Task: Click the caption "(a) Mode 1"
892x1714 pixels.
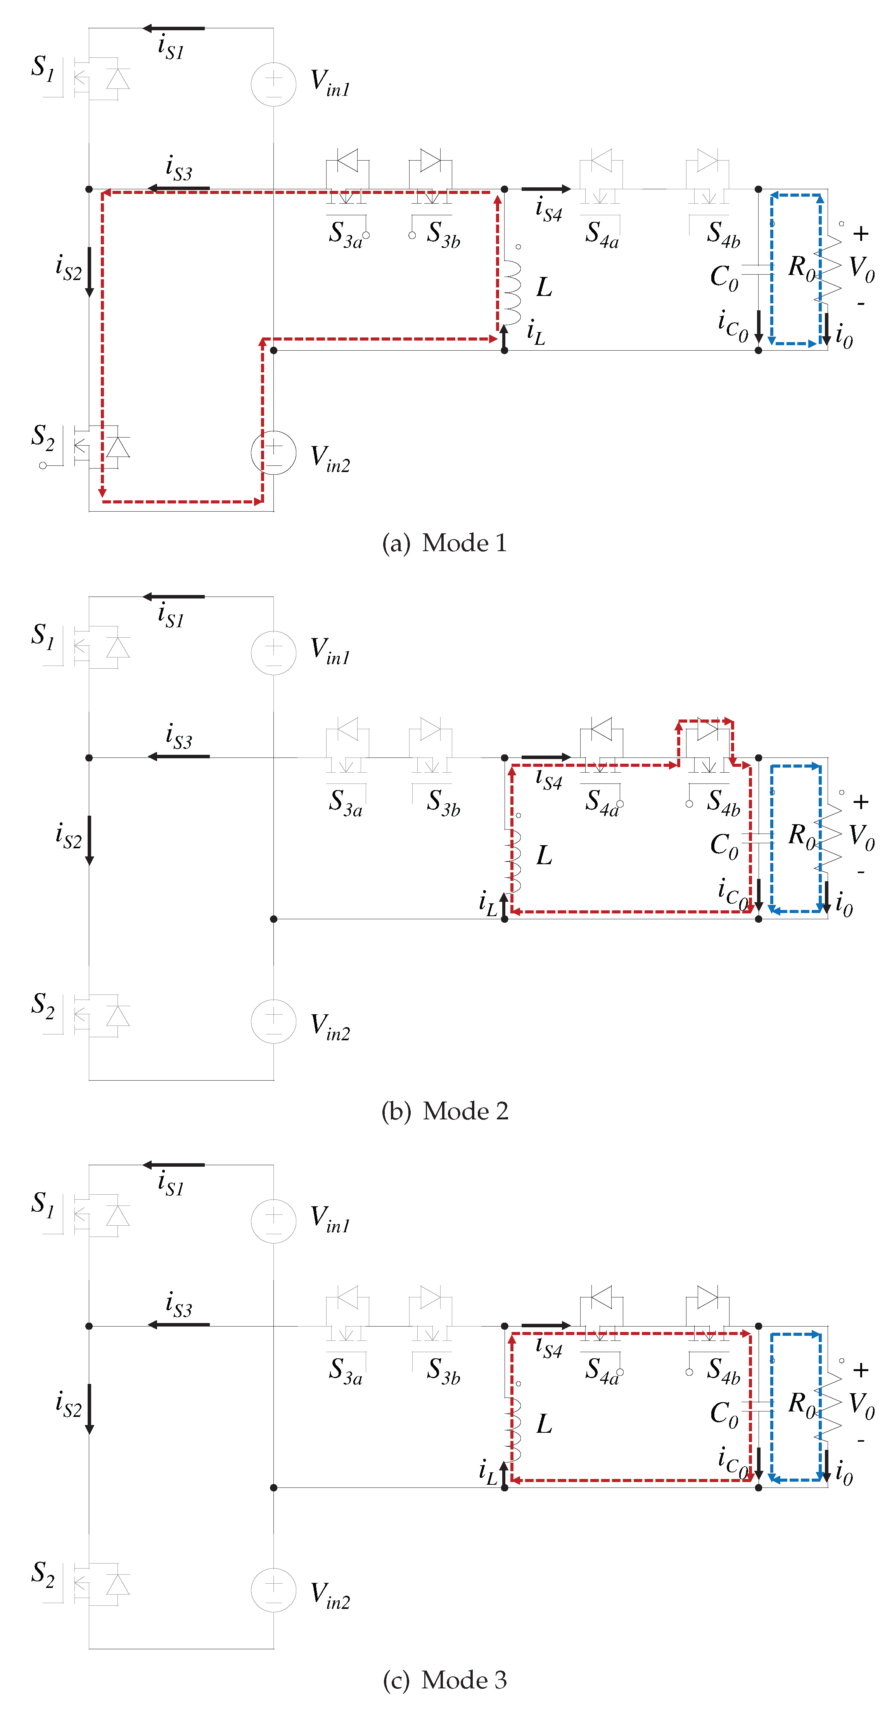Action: coord(444,543)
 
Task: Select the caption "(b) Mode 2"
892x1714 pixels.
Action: coord(444,1111)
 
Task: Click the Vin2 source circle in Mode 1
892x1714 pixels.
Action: coord(273,453)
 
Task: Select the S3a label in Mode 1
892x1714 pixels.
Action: coord(345,234)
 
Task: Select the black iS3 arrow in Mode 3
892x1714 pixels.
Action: coord(178,1325)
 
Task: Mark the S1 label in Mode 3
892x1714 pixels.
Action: coord(43,1203)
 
